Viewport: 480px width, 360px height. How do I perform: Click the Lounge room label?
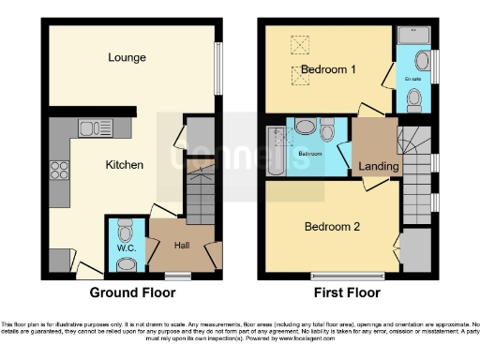pyautogui.click(x=127, y=57)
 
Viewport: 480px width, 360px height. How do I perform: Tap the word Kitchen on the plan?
pyautogui.click(x=124, y=165)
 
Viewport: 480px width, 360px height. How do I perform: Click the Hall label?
pyautogui.click(x=183, y=246)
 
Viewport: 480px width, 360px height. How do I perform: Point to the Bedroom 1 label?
pyautogui.click(x=327, y=70)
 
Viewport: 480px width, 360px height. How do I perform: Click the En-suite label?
pyautogui.click(x=412, y=80)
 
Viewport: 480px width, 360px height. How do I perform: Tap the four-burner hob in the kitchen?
pyautogui.click(x=59, y=171)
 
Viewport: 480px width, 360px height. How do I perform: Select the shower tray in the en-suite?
pyautogui.click(x=412, y=37)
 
